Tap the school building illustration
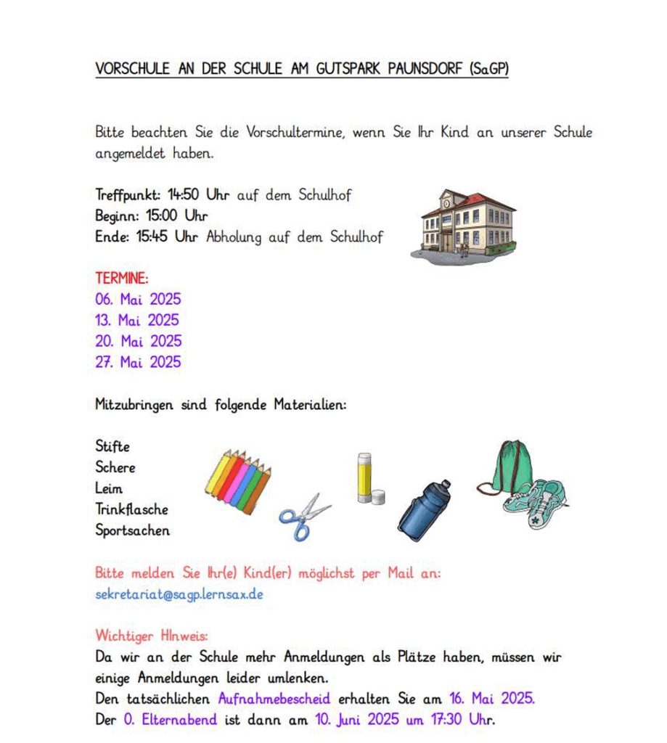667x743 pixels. [467, 225]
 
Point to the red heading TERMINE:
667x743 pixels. [121, 278]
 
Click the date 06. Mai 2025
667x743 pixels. [138, 299]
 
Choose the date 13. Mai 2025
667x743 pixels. [137, 320]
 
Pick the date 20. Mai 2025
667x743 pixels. [138, 341]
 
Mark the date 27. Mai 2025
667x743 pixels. [138, 362]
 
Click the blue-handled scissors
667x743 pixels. [303, 516]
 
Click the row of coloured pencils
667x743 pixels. [238, 481]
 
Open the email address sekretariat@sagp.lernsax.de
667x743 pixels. [179, 594]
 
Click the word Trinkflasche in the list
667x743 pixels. [131, 509]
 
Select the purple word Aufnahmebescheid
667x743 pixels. [274, 699]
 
